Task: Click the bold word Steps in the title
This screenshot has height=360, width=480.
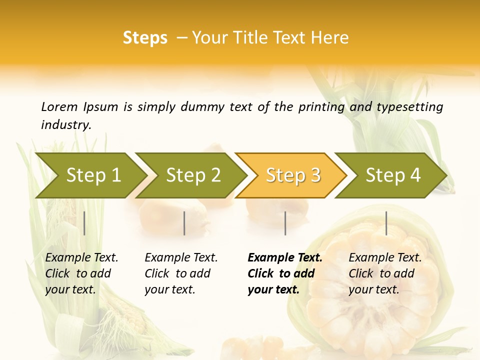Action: pyautogui.click(x=145, y=38)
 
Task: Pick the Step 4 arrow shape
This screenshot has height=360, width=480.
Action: pyautogui.click(x=393, y=175)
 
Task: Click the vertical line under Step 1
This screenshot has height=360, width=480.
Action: pyautogui.click(x=84, y=223)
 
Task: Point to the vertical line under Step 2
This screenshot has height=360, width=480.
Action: pyautogui.click(x=184, y=223)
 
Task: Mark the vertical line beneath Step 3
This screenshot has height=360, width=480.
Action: pyautogui.click(x=285, y=223)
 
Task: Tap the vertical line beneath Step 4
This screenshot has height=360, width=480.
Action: pyautogui.click(x=386, y=223)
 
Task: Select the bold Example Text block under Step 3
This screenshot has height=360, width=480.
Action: pyautogui.click(x=285, y=273)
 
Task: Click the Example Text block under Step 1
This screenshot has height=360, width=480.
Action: pyautogui.click(x=81, y=273)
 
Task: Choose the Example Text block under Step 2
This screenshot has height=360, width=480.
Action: pyautogui.click(x=181, y=273)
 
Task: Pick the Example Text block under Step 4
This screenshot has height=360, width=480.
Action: pyautogui.click(x=385, y=273)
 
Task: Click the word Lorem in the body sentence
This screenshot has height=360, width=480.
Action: pyautogui.click(x=59, y=106)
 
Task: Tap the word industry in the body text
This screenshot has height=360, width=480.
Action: pyautogui.click(x=66, y=125)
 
